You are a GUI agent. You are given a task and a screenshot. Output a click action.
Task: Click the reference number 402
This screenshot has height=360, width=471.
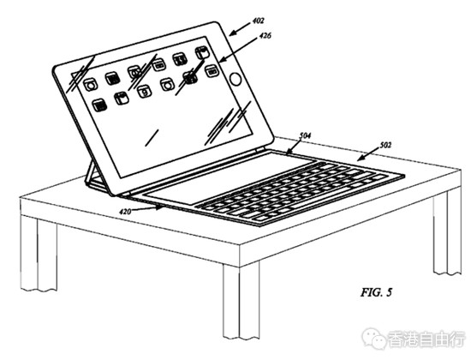(x=258, y=21)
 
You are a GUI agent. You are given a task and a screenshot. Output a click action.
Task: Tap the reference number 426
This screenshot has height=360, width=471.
(x=265, y=36)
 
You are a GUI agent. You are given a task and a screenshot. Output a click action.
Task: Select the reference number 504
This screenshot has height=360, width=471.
(x=305, y=135)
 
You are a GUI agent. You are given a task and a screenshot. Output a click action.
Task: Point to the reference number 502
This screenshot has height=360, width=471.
(x=385, y=145)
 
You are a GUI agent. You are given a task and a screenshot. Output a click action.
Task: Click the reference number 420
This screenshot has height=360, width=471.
(x=125, y=212)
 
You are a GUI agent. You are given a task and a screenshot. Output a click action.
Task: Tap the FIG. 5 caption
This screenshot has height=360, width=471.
(x=377, y=292)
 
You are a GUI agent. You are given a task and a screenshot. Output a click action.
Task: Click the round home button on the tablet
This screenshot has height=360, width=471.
(x=235, y=80)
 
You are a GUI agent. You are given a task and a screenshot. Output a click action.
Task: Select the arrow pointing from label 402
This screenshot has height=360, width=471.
(x=240, y=28)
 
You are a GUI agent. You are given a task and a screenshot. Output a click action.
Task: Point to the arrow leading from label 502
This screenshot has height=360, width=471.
(x=367, y=154)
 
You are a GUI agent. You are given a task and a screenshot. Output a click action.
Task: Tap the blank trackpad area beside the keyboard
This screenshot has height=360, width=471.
(x=230, y=177)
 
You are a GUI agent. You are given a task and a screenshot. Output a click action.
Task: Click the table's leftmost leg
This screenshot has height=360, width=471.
(x=39, y=253)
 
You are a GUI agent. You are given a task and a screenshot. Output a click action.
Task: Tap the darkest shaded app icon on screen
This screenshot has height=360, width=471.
(x=190, y=76)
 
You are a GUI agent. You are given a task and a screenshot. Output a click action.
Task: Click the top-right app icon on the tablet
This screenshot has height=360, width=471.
(x=201, y=53)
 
